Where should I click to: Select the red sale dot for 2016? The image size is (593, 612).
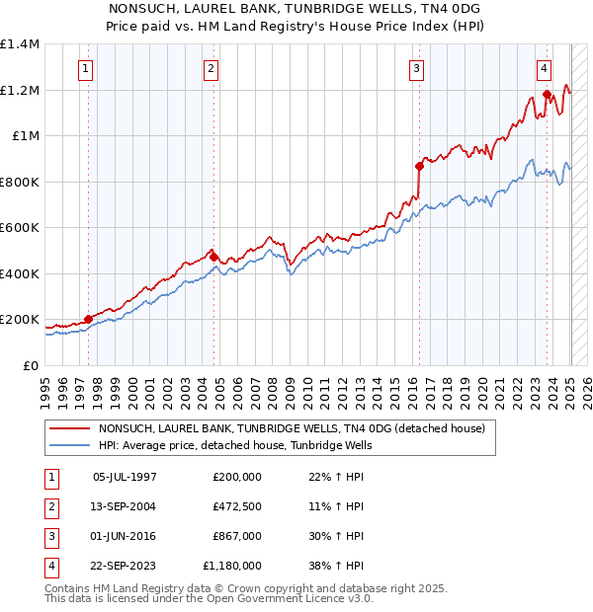(419, 166)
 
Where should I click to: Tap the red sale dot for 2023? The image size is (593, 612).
(547, 95)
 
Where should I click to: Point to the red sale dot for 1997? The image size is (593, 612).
(88, 319)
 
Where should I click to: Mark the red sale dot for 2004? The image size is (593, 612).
(213, 257)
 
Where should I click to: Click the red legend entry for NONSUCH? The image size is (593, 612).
(291, 429)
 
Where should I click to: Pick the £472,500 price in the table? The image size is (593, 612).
(237, 506)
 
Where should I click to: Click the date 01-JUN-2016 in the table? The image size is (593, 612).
(125, 536)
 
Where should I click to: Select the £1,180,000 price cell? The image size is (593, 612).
(232, 566)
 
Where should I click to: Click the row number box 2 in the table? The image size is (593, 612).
(49, 506)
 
